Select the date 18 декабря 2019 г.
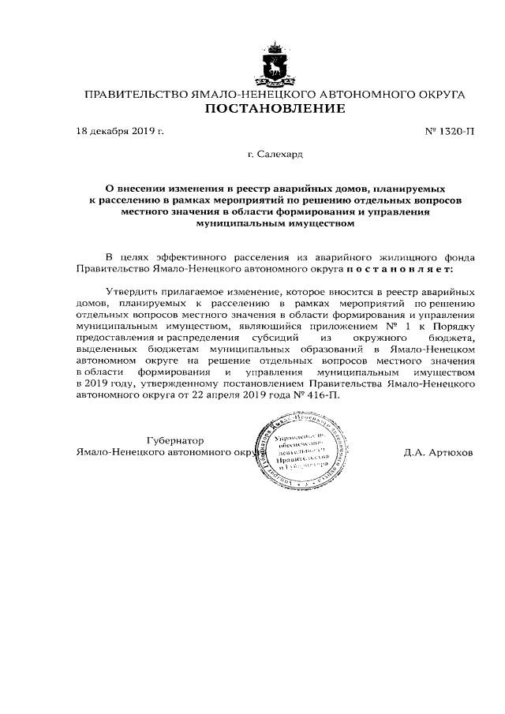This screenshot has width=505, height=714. coord(119,130)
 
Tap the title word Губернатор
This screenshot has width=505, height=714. coord(174,440)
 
